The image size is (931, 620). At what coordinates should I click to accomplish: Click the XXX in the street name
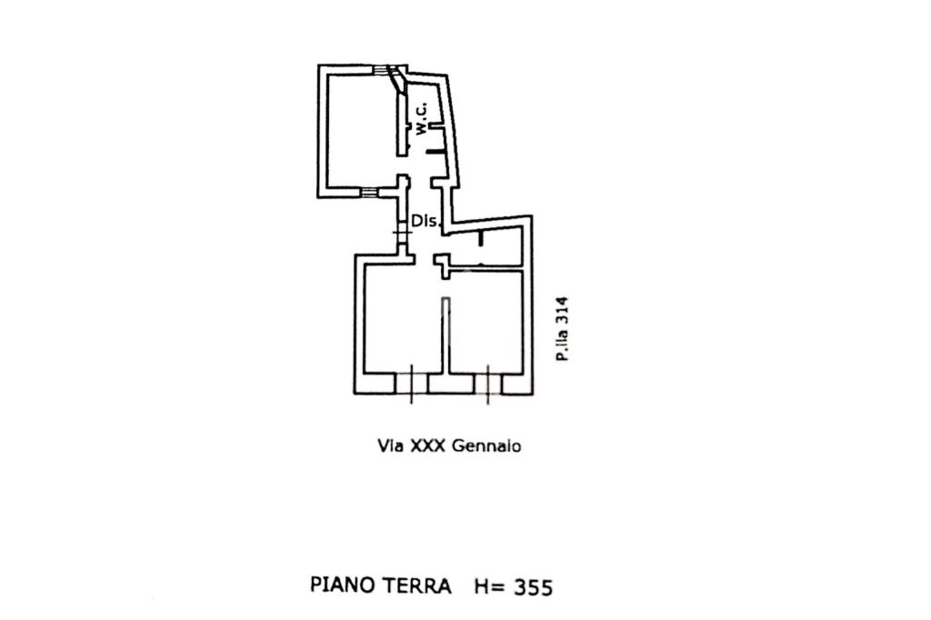click(427, 445)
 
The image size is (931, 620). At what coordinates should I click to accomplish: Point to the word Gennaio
click(486, 445)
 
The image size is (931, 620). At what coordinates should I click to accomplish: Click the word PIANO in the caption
click(343, 585)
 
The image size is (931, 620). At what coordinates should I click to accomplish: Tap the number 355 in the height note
click(533, 587)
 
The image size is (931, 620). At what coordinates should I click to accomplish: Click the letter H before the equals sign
click(481, 586)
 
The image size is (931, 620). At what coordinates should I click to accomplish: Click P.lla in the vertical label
click(562, 344)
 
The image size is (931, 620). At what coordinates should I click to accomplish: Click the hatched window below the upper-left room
click(369, 193)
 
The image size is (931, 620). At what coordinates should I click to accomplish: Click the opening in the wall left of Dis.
click(403, 232)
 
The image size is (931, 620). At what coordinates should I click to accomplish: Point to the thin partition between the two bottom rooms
click(445, 335)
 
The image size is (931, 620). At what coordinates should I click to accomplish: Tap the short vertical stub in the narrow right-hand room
click(480, 238)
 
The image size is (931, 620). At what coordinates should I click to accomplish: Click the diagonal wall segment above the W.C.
click(396, 79)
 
